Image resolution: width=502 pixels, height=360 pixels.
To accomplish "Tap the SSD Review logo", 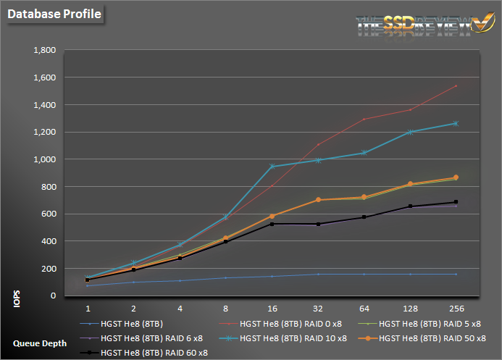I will pyautogui.click(x=413, y=24).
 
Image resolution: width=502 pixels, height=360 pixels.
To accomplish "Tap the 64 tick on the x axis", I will pyautogui.click(x=364, y=306).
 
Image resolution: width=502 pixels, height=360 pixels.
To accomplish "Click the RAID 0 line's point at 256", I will pyautogui.click(x=454, y=85).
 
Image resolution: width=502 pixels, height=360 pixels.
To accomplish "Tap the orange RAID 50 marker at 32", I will pyautogui.click(x=318, y=200).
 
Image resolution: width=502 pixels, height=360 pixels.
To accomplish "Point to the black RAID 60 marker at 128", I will pyautogui.click(x=409, y=206).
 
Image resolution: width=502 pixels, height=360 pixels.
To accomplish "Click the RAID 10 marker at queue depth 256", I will pyautogui.click(x=454, y=123).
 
